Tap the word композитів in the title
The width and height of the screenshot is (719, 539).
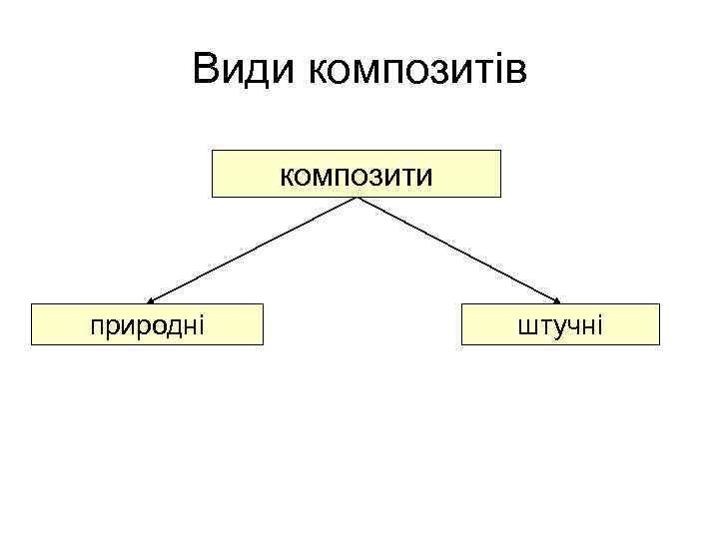(418, 71)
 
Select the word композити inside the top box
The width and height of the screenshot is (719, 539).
(356, 177)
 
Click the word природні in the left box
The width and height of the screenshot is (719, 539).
(147, 324)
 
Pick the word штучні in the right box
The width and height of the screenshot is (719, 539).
(560, 324)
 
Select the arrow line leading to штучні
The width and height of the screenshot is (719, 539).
(459, 250)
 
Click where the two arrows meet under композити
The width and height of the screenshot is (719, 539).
(357, 199)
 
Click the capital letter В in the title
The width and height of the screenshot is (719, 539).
(207, 71)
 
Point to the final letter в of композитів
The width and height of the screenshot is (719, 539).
(516, 73)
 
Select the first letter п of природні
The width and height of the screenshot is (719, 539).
(95, 325)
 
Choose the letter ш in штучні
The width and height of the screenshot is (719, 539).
(526, 325)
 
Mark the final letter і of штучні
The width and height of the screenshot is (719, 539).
(598, 324)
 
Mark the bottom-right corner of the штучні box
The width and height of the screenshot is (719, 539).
(660, 345)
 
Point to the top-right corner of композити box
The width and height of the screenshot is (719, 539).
(500, 151)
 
